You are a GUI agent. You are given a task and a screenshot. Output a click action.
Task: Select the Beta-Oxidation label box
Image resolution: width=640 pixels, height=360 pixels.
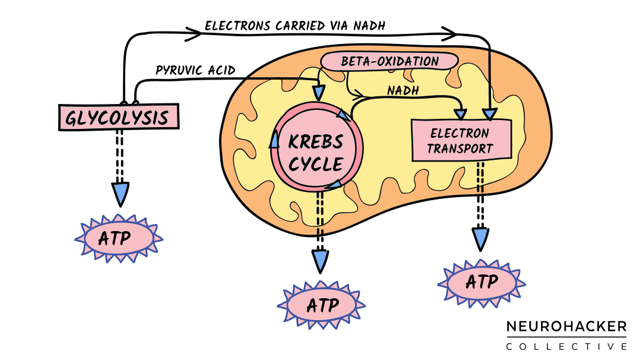click(389, 61)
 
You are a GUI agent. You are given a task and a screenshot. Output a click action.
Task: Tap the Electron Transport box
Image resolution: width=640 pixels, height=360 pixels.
click(461, 140)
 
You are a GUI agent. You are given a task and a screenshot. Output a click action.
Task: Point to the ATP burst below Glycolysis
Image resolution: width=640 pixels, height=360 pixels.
click(119, 239)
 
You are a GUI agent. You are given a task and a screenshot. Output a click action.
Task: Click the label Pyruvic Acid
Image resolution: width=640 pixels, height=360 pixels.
click(195, 71)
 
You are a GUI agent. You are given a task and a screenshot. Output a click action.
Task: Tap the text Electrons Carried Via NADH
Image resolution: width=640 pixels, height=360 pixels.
click(294, 26)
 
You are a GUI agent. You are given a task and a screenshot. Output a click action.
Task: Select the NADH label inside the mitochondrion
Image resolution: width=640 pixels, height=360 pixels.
click(403, 90)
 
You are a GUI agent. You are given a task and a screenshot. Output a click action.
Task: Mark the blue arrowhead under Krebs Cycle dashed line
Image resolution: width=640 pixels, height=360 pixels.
click(321, 260)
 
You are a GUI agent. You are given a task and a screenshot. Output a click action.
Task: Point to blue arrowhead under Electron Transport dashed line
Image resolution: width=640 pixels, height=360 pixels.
click(481, 238)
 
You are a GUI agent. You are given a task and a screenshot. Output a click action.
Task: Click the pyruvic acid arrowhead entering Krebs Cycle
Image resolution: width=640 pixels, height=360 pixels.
click(319, 93)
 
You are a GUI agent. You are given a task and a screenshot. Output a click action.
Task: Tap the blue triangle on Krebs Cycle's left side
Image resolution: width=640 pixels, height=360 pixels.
click(274, 140)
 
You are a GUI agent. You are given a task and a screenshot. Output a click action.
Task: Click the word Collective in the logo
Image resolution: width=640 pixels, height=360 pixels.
click(566, 346)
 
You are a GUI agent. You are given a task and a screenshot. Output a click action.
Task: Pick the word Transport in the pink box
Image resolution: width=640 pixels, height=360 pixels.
click(460, 149)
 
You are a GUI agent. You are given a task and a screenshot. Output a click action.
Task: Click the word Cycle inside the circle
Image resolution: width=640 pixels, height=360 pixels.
click(316, 163)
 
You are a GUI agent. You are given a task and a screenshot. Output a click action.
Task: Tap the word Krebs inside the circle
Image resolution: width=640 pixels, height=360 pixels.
click(316, 141)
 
